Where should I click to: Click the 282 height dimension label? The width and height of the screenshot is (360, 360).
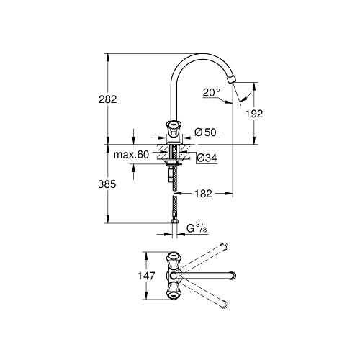point(108,99)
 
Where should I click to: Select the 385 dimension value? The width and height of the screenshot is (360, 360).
point(107,184)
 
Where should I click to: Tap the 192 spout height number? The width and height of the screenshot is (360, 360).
point(254,114)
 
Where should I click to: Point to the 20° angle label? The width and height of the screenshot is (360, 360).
point(212,92)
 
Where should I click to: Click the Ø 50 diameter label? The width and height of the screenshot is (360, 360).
point(205,132)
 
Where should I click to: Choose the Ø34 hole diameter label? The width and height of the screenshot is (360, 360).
point(207,158)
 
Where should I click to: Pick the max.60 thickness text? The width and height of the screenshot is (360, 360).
point(131,155)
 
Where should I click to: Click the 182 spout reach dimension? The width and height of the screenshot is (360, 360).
point(203,194)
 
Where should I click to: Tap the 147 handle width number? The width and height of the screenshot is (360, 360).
point(146,276)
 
